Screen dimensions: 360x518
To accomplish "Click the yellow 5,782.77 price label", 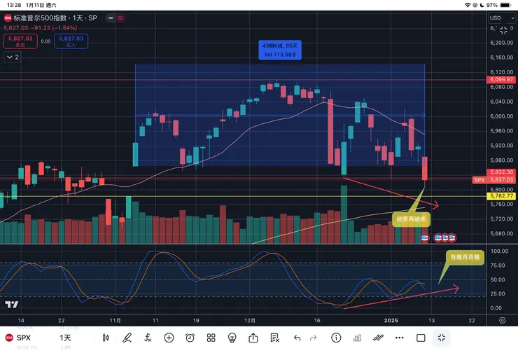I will pyautogui.click(x=502, y=197).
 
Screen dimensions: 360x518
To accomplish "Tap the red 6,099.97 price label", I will pyautogui.click(x=502, y=80).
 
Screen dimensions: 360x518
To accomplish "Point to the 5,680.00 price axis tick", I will pyautogui.click(x=502, y=234).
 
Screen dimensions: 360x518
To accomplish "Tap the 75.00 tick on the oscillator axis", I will pyautogui.click(x=499, y=265).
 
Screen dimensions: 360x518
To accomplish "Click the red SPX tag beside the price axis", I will pyautogui.click(x=479, y=180).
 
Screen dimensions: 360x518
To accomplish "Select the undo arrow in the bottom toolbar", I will pyautogui.click(x=297, y=338).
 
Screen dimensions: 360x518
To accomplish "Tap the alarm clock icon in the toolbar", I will pyautogui.click(x=190, y=338).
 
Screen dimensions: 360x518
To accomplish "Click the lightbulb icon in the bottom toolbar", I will pyautogui.click(x=232, y=338).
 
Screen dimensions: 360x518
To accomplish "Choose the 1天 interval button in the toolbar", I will pyautogui.click(x=65, y=338).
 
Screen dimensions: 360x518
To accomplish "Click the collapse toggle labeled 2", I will pyautogui.click(x=13, y=57).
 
